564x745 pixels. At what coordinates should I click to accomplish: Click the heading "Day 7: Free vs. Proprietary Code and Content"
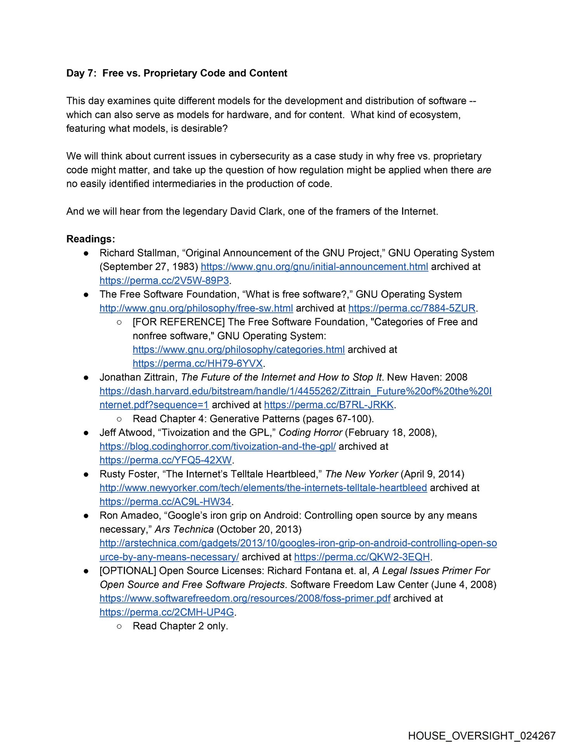pyautogui.click(x=177, y=73)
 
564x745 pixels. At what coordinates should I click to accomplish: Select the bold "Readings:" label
pyautogui.click(x=90, y=239)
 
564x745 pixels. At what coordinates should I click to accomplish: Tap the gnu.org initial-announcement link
pyautogui.click(x=314, y=267)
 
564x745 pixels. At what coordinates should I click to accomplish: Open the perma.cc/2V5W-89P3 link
pyautogui.click(x=164, y=281)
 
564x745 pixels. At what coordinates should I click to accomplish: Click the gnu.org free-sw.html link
pyautogui.click(x=196, y=308)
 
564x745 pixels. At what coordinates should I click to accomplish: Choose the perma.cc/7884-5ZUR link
pyautogui.click(x=412, y=308)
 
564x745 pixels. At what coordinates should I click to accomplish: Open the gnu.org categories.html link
pyautogui.click(x=238, y=350)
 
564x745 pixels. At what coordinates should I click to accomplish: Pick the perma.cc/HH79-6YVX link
pyautogui.click(x=198, y=364)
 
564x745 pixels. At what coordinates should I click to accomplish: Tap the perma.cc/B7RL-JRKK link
pyautogui.click(x=329, y=405)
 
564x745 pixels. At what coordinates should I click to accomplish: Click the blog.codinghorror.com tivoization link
pyautogui.click(x=217, y=446)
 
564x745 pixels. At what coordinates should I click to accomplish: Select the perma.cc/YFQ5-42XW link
pyautogui.click(x=165, y=460)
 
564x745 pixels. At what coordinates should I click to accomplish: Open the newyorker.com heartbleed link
pyautogui.click(x=263, y=488)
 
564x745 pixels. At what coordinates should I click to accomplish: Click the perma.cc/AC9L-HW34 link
pyautogui.click(x=165, y=502)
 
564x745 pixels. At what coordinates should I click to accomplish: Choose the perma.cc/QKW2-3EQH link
pyautogui.click(x=362, y=557)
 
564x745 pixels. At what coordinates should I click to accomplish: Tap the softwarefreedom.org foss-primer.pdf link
pyautogui.click(x=245, y=598)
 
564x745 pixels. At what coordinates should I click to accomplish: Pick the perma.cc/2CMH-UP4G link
pyautogui.click(x=167, y=612)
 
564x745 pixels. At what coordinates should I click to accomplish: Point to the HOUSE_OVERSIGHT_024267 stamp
pyautogui.click(x=482, y=735)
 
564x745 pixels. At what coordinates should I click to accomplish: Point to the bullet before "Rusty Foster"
pyautogui.click(x=86, y=474)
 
